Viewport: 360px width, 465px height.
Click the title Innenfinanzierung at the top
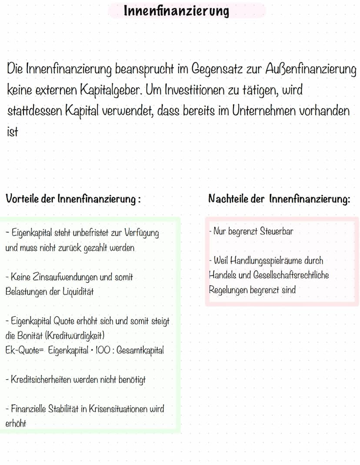coord(176,10)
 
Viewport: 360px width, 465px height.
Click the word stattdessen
coord(35,111)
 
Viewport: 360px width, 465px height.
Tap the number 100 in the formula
coord(100,351)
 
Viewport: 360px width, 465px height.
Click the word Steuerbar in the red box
coord(277,231)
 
